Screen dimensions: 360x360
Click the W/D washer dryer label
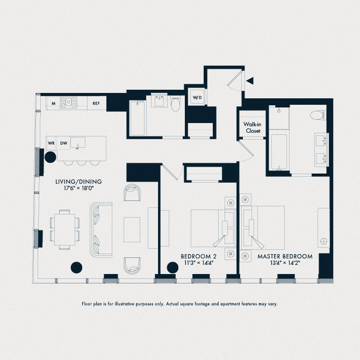click(197, 97)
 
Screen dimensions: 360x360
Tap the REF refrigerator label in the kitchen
click(96, 103)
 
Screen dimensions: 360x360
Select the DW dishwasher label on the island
click(64, 143)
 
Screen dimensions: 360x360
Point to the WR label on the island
click(52, 143)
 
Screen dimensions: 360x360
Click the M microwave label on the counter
click(54, 103)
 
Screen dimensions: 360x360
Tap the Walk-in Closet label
click(253, 127)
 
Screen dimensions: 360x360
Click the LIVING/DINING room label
click(78, 182)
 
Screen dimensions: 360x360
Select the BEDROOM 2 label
click(198, 256)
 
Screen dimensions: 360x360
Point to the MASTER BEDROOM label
click(285, 256)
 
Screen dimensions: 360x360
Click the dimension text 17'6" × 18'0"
click(79, 189)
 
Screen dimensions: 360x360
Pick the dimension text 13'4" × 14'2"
click(285, 263)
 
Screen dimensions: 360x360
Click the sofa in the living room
click(100, 229)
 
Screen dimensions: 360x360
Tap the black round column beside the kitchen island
click(50, 157)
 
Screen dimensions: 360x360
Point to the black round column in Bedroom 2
click(172, 267)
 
